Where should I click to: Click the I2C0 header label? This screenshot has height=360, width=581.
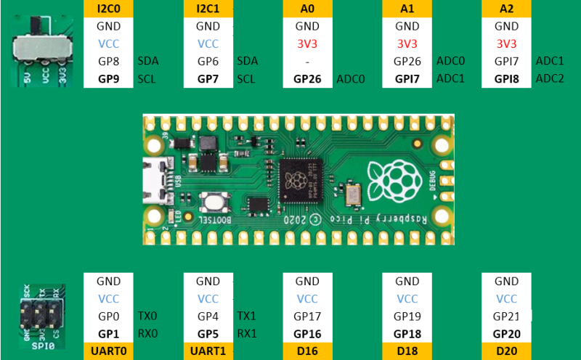[108, 9]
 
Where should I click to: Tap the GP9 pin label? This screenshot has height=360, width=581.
[108, 79]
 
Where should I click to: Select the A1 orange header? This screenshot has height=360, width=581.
[407, 9]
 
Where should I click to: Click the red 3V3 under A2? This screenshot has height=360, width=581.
[506, 44]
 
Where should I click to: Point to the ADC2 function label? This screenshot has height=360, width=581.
[550, 78]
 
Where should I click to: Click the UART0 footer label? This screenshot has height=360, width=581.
[108, 351]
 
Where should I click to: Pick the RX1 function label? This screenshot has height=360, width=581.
[247, 334]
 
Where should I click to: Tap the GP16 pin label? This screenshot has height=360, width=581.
[307, 334]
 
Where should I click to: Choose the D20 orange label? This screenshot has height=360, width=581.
[506, 351]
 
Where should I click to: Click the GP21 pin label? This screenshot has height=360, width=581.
[506, 316]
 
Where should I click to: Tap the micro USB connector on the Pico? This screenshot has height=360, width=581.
[155, 181]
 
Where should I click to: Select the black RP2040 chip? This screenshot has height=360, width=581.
[301, 181]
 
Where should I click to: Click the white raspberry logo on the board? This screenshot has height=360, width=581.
[395, 181]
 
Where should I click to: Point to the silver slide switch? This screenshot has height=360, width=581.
[41, 49]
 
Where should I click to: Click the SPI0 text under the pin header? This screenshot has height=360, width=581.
[43, 346]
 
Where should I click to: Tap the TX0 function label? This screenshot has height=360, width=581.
[147, 316]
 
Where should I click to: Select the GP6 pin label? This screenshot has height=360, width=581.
[208, 62]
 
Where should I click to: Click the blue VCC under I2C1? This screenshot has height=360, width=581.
[208, 44]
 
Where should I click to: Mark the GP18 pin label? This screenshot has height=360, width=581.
[407, 334]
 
